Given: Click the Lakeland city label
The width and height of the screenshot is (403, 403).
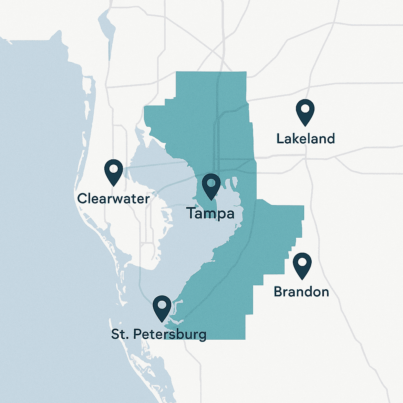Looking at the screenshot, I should pos(305,139).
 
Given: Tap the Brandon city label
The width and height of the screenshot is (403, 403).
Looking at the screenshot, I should pos(301,292).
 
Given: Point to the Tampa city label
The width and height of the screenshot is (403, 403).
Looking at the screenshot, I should pos(211,214).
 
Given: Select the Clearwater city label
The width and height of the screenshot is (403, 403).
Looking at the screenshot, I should pos(113,198).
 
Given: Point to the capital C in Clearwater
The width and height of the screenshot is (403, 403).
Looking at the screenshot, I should pos(82,198).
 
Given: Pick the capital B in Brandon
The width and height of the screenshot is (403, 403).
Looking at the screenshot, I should pos(278,292).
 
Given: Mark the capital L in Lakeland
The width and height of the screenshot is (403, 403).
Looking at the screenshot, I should pos(280,139).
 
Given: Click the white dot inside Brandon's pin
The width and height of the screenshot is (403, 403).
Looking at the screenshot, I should pos(302,261).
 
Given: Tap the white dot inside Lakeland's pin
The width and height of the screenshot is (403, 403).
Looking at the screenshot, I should pos(305,107).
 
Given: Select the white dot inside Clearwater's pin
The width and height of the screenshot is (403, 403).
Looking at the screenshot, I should pos(113,168).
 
